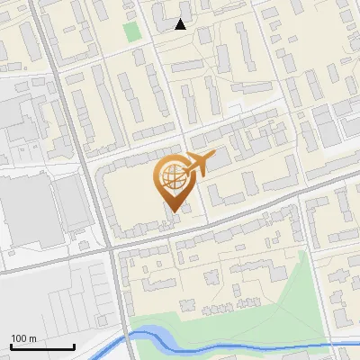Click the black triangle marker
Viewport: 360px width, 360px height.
(x=181, y=24)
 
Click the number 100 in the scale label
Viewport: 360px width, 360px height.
(x=19, y=338)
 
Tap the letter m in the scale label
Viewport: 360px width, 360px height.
(x=32, y=338)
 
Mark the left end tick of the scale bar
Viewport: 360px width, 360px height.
(x=12, y=346)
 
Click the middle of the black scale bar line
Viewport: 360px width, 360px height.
(x=43, y=347)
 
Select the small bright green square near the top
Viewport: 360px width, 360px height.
(x=132, y=31)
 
